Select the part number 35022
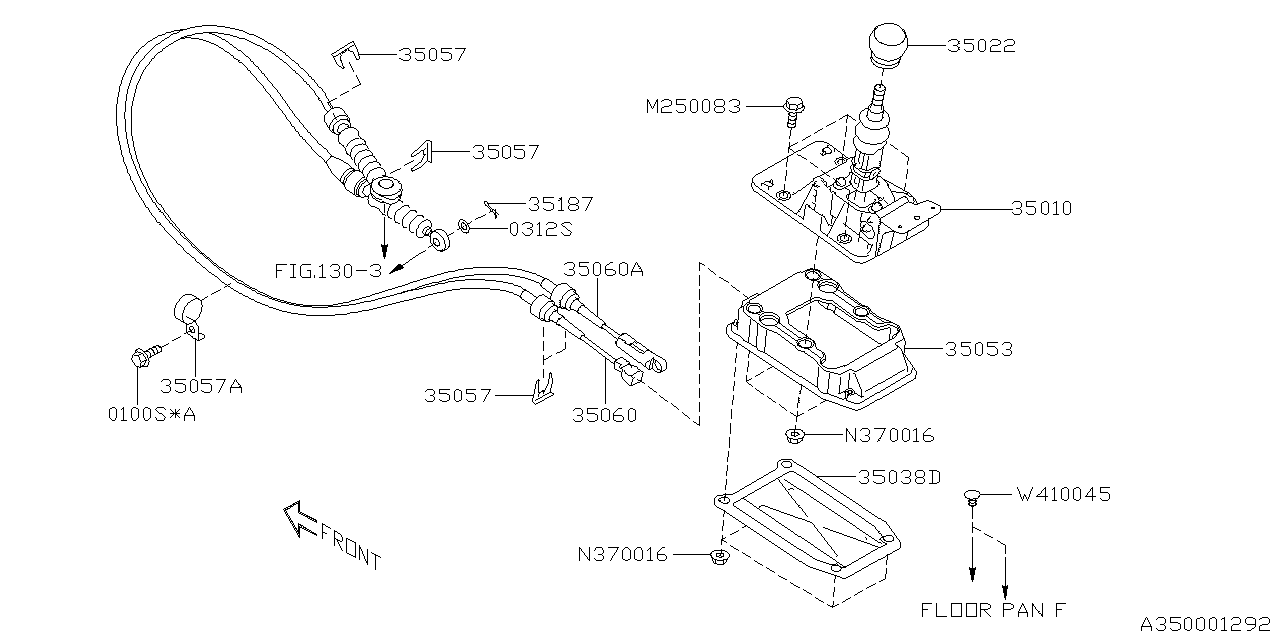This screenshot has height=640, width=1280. (981, 46)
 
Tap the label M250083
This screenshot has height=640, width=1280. (694, 106)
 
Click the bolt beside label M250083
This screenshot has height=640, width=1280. (792, 107)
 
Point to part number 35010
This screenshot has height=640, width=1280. (1041, 209)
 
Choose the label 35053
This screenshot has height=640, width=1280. (979, 349)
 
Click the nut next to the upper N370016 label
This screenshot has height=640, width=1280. (796, 435)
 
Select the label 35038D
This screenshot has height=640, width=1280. (898, 477)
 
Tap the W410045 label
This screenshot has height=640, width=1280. (1063, 494)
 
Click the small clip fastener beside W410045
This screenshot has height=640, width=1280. (971, 497)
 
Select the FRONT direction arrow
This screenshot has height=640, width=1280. (300, 519)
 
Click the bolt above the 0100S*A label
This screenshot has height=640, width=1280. (142, 355)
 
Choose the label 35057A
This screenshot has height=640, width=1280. (202, 385)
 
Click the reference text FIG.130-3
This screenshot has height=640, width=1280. (329, 271)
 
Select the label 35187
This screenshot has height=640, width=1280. (560, 203)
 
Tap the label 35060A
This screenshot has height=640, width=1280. (604, 269)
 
